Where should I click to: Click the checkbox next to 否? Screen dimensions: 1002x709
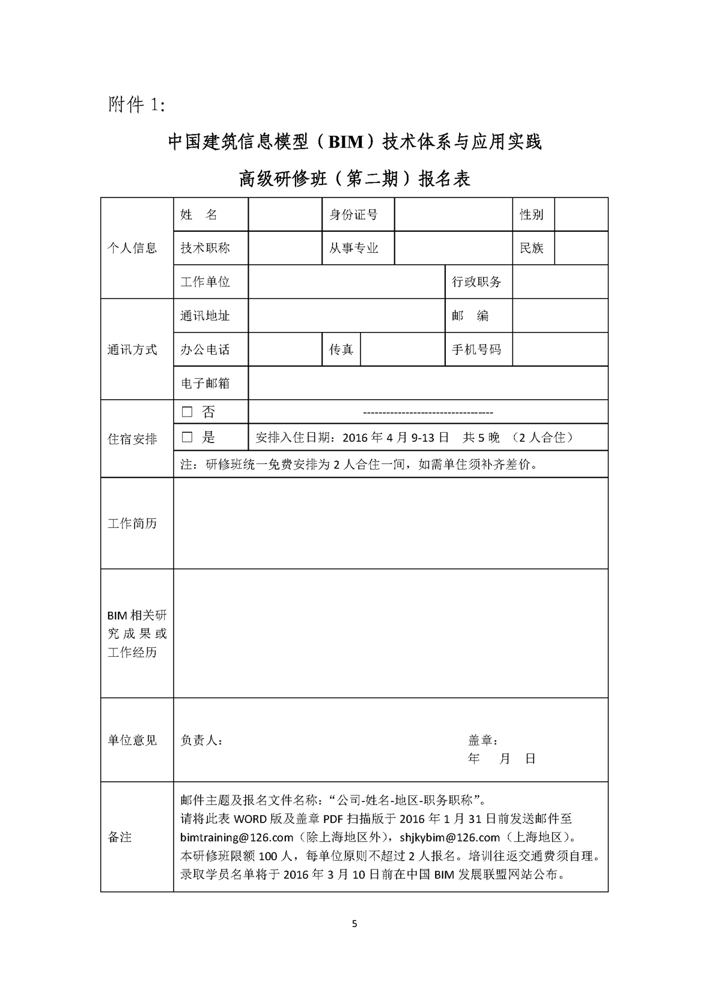(x=187, y=412)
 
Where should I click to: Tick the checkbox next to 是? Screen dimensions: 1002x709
(x=187, y=438)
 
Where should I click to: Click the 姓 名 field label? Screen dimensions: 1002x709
(x=199, y=214)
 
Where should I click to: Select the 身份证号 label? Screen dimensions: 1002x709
(x=353, y=214)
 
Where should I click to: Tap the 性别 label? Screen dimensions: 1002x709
(x=532, y=214)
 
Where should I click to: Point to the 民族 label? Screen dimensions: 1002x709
(x=532, y=248)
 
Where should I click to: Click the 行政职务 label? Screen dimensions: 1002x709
(x=476, y=282)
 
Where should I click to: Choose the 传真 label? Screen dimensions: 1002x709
(x=341, y=349)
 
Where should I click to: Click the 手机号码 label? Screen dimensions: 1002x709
(x=476, y=349)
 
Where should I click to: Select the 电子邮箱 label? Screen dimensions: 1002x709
(x=205, y=383)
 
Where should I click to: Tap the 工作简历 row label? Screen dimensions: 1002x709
(x=132, y=524)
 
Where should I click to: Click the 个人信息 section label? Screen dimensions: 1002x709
(x=132, y=248)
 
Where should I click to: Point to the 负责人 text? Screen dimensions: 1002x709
(x=202, y=741)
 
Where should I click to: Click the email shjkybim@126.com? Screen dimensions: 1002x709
(x=449, y=838)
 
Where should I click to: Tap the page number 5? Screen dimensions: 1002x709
(x=354, y=924)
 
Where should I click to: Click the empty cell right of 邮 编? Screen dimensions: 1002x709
(x=560, y=316)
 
